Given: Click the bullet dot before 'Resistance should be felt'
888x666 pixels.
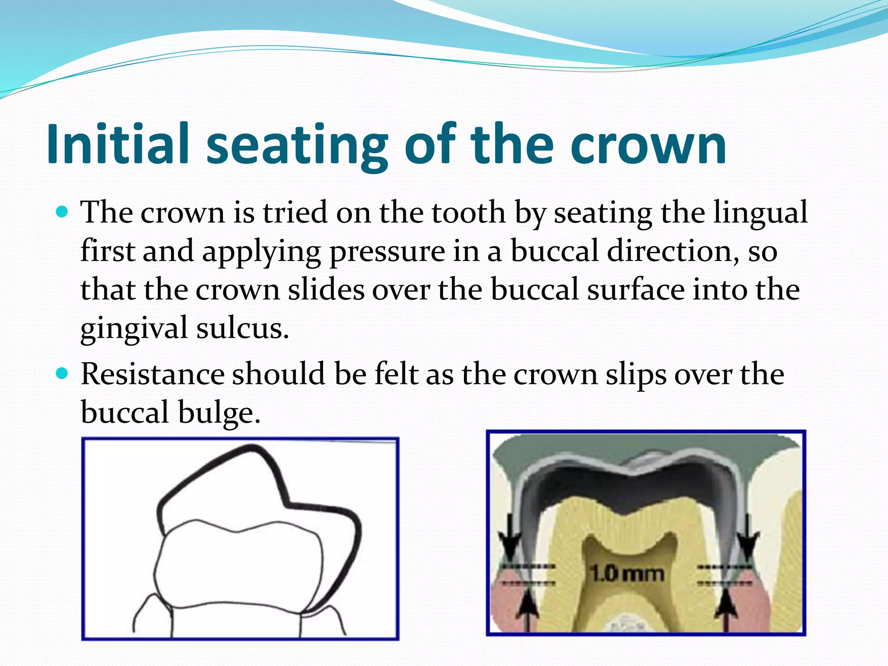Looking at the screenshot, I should (x=62, y=373).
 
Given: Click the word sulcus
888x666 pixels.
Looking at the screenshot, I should (x=242, y=328).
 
